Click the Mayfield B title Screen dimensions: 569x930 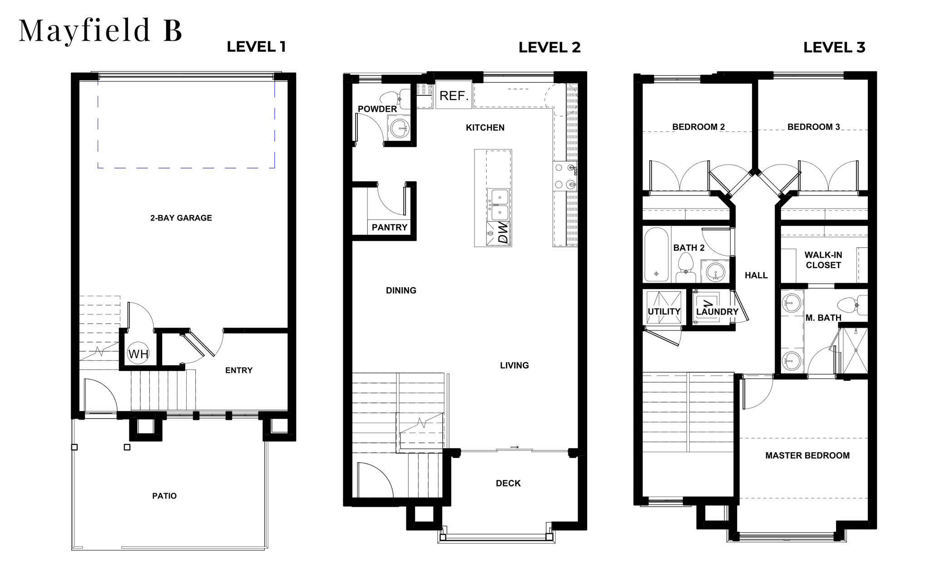[x=100, y=31]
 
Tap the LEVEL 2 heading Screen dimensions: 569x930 [x=549, y=47]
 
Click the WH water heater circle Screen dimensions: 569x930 [x=138, y=354]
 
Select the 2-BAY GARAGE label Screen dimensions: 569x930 [x=181, y=218]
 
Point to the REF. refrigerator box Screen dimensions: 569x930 [x=454, y=95]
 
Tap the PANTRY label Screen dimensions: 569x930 [x=390, y=227]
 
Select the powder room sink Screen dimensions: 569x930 [x=400, y=128]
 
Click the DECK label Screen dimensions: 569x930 [x=508, y=484]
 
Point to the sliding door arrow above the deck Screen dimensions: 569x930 [x=514, y=447]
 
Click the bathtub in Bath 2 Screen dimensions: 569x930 [x=656, y=255]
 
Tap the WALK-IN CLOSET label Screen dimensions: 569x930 [x=823, y=260]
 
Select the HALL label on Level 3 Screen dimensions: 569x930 [x=756, y=275]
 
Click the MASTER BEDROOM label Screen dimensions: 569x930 [x=807, y=455]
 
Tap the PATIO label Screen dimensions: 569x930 [x=164, y=496]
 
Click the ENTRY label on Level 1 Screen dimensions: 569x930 [x=239, y=370]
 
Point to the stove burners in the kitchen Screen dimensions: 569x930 [x=565, y=176]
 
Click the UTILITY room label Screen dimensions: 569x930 [x=664, y=312]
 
